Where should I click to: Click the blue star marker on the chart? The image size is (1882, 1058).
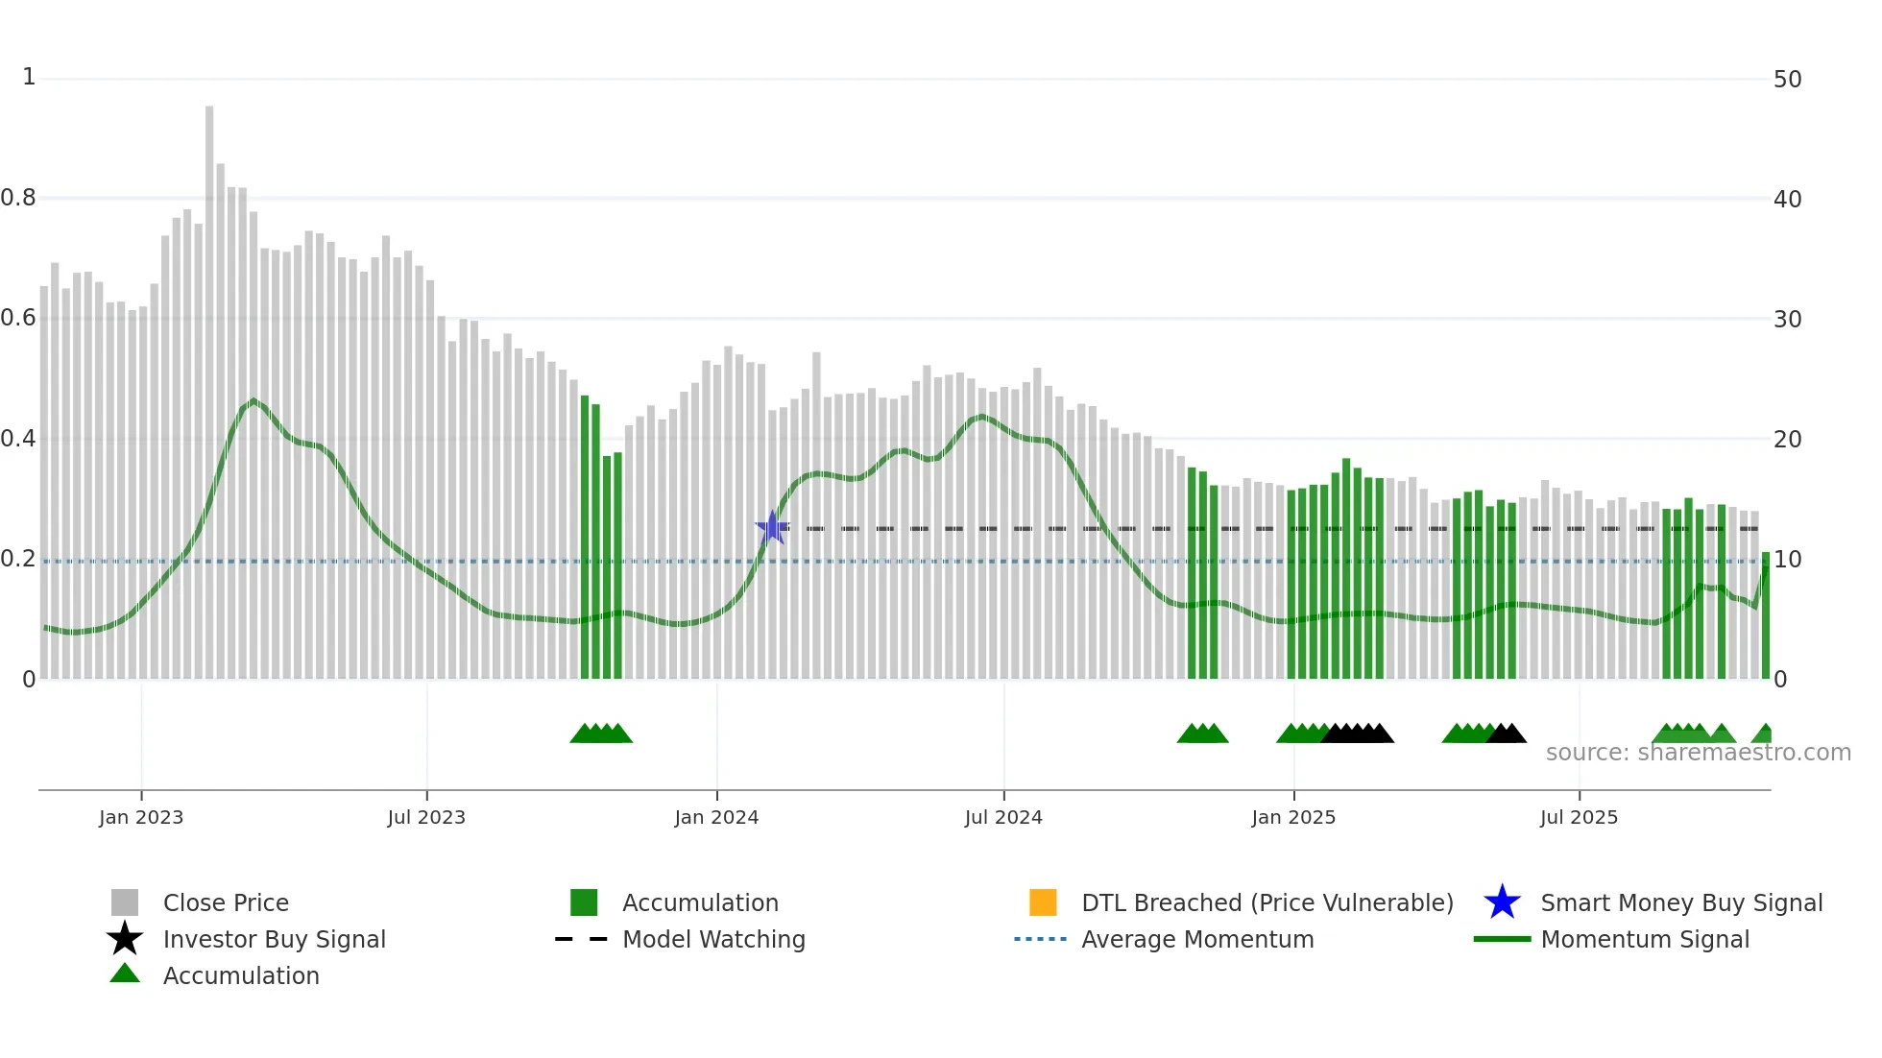coord(772,528)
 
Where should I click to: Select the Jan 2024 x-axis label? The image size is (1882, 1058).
coord(716,817)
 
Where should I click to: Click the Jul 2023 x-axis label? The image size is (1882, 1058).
coord(426,817)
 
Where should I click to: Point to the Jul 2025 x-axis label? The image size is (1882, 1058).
coord(1579,817)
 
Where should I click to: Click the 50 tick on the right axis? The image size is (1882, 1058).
coord(1787,80)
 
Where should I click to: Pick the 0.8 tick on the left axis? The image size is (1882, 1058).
coord(19,199)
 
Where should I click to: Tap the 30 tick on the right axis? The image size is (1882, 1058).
coord(1787,320)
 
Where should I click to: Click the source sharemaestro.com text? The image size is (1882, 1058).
coord(1698,753)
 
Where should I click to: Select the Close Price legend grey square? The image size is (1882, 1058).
coord(125,902)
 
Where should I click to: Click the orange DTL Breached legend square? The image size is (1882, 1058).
coord(1043,902)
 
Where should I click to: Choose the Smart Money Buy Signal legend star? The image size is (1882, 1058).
coord(1502,902)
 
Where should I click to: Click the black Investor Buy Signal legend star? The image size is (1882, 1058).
coord(125,939)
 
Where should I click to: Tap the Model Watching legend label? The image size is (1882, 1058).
coord(713,939)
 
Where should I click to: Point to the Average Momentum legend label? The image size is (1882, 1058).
coord(1197,939)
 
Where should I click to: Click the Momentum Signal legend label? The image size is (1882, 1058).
coord(1645,939)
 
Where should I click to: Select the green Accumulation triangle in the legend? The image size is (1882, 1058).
coord(125,974)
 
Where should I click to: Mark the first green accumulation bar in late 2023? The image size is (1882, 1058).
coord(585,538)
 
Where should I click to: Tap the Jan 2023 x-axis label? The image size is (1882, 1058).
coord(141,817)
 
